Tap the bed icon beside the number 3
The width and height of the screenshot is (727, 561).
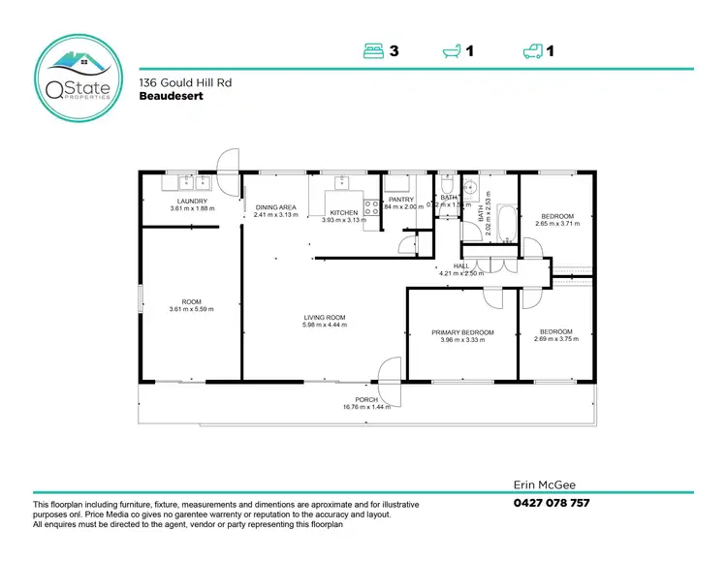[375, 51]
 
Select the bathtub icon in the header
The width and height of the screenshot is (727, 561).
[453, 51]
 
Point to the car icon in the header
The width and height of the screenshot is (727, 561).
[532, 51]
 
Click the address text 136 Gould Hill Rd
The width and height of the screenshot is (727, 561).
[177, 84]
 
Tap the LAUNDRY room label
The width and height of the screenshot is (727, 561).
[191, 202]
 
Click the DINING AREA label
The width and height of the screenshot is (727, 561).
[275, 207]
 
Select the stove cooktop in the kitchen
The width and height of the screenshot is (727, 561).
[370, 206]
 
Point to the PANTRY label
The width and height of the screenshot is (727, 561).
[401, 200]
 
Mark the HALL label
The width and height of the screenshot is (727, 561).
[460, 266]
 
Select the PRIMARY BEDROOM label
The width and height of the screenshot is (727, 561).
[462, 332]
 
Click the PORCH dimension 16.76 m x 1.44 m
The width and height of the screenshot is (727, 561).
[365, 407]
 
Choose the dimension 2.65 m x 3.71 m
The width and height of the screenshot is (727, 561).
[556, 224]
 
